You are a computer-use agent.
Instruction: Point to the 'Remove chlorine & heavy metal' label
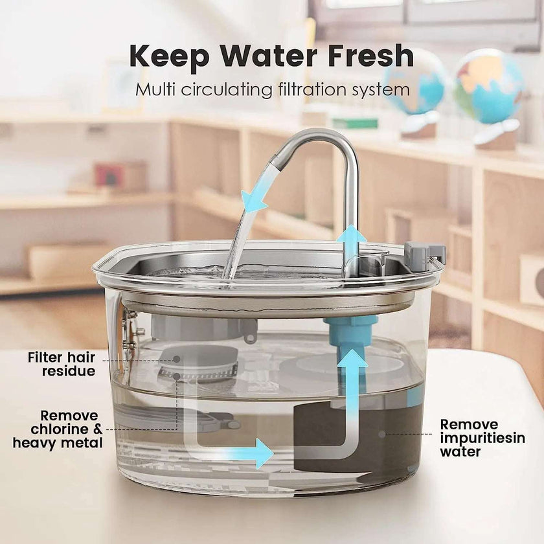point(60,429)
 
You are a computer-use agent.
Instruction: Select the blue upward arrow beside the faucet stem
point(350,240)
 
